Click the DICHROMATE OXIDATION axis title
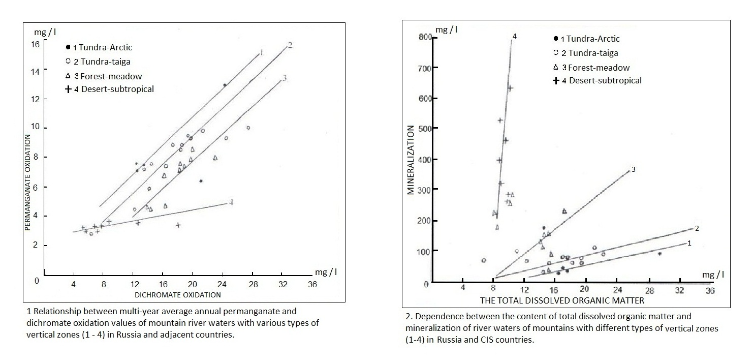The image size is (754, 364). point(178,295)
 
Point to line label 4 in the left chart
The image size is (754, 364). point(231,202)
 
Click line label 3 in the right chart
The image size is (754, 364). point(634,169)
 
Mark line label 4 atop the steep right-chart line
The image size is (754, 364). point(515,37)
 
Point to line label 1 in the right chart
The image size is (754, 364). point(689,244)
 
